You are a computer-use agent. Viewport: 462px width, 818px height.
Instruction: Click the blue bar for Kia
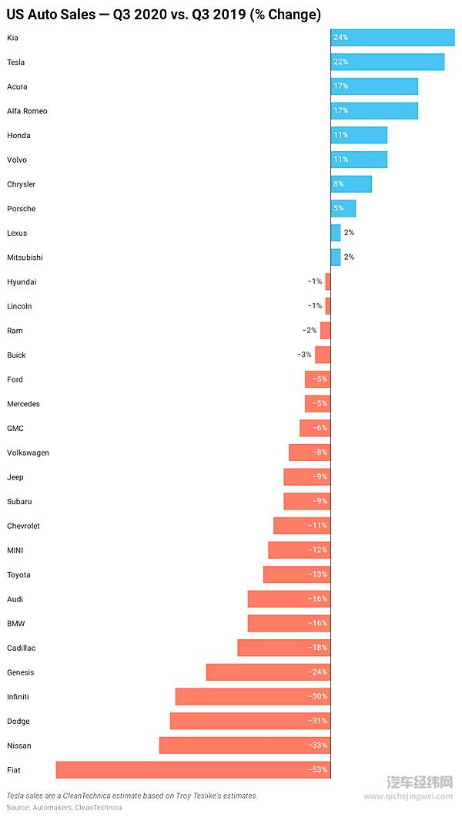pyautogui.click(x=393, y=38)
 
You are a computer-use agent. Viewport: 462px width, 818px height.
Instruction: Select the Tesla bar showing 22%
pyautogui.click(x=387, y=62)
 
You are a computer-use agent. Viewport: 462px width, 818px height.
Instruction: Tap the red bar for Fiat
pyautogui.click(x=192, y=769)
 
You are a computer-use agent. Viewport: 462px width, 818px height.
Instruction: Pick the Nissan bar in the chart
pyautogui.click(x=244, y=746)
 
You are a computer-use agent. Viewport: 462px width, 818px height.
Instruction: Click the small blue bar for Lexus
pyautogui.click(x=336, y=233)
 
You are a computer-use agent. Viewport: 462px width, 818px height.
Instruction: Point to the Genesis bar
pyautogui.click(x=268, y=672)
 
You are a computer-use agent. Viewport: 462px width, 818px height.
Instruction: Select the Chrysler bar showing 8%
pyautogui.click(x=351, y=184)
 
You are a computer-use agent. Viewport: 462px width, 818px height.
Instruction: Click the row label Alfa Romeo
pyautogui.click(x=27, y=111)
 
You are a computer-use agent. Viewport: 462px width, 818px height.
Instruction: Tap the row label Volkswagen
pyautogui.click(x=28, y=453)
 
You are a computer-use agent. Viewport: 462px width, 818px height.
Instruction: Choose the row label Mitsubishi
pyautogui.click(x=25, y=258)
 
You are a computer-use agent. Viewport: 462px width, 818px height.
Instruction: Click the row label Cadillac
pyautogui.click(x=21, y=648)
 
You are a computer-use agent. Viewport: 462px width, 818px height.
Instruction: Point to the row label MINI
pyautogui.click(x=15, y=550)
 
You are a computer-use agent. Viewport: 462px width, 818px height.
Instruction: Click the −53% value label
pyautogui.click(x=318, y=769)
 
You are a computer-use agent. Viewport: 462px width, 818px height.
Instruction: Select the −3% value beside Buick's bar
pyautogui.click(x=304, y=355)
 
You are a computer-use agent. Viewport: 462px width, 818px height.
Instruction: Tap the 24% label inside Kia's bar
pyautogui.click(x=340, y=38)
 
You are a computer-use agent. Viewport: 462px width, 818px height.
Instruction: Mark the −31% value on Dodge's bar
pyautogui.click(x=318, y=721)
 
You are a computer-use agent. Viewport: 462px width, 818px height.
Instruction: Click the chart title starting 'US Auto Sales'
pyautogui.click(x=163, y=15)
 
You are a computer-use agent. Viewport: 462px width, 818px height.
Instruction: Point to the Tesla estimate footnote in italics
pyautogui.click(x=132, y=796)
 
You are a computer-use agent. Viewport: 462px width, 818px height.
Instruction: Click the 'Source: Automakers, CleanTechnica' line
pyautogui.click(x=64, y=808)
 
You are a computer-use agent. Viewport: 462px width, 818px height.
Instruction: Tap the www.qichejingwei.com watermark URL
pyautogui.click(x=408, y=797)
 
